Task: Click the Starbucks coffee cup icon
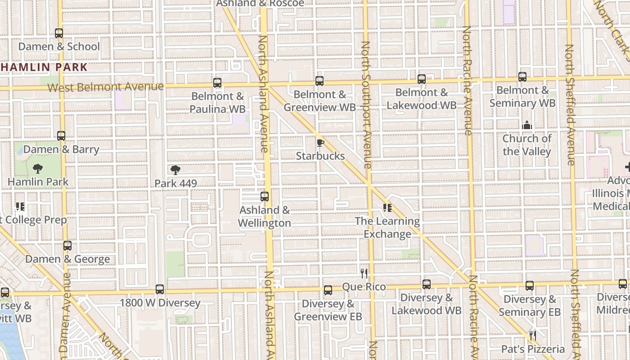coord(320,143)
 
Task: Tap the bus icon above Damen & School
coord(59,33)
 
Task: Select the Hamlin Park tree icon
coord(38,169)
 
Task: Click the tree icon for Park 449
coord(175,170)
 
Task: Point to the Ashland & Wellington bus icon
coord(265,197)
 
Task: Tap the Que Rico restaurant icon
coord(364,273)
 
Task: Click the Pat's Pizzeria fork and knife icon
coord(533,336)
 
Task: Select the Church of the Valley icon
coord(527,125)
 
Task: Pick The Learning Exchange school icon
coord(387,208)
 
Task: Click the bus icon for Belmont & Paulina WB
coord(217,83)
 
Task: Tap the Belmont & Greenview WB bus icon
coord(319,81)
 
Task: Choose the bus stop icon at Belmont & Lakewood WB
coord(422,79)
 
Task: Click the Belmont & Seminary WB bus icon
coord(522,77)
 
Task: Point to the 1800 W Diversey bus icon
coord(160,289)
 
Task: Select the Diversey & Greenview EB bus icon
coord(328,290)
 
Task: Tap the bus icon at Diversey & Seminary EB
coord(530,286)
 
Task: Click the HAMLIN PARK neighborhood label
coord(44,67)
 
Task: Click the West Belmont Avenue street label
coord(105,86)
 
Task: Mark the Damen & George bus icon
coord(67,246)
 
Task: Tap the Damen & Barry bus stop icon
coord(61,136)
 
